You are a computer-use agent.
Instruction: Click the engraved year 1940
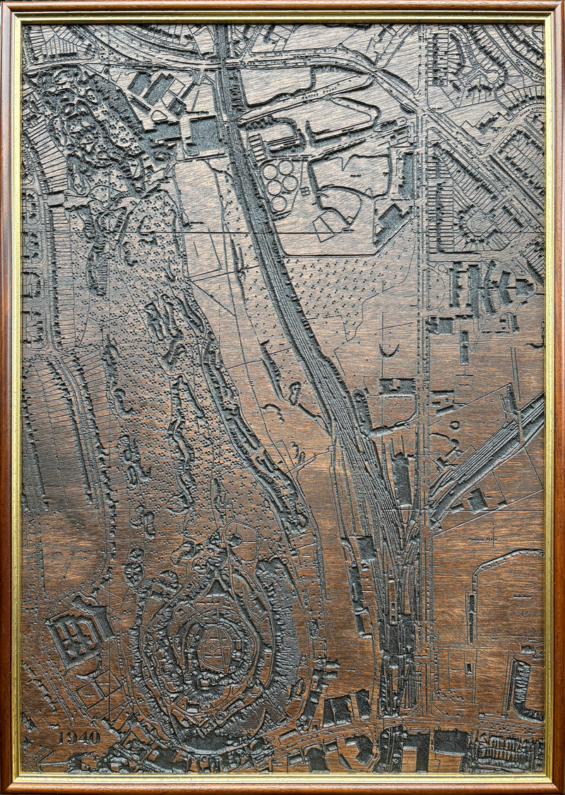[x=79, y=737]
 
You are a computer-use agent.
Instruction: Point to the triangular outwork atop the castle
[x=216, y=587]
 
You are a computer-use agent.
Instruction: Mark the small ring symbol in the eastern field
[x=453, y=424]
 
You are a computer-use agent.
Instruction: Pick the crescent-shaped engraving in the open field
[x=388, y=350]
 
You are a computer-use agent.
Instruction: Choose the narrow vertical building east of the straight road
[x=463, y=347]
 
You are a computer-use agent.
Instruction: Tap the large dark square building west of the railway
[x=206, y=135]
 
